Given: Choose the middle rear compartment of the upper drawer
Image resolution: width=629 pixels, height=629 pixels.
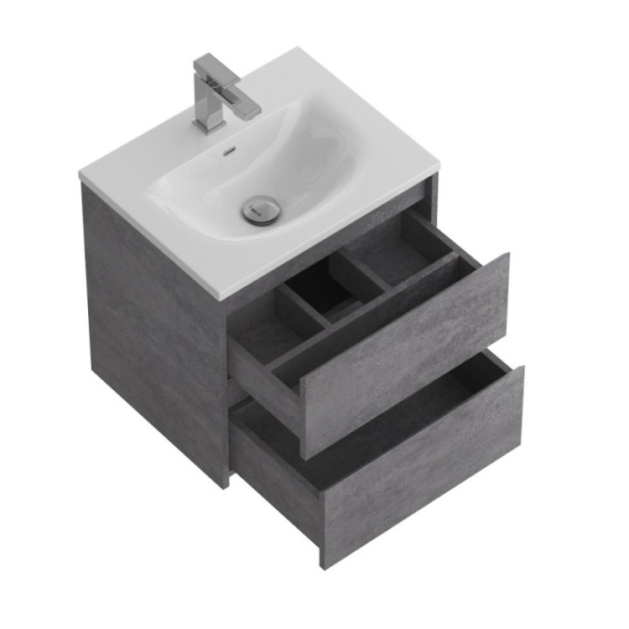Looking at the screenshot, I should (331, 289).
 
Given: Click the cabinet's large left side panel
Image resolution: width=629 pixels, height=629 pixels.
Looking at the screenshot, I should (151, 327).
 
